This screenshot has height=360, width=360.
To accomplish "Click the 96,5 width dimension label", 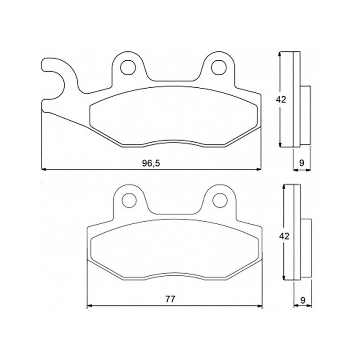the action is click(x=151, y=163).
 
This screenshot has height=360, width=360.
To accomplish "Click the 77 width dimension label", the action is click(x=170, y=299).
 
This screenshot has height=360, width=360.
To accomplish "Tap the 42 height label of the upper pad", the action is click(x=281, y=99).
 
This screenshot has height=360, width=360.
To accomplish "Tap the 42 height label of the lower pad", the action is click(x=284, y=236).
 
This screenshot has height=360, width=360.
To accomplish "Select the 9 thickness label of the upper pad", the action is click(x=301, y=163).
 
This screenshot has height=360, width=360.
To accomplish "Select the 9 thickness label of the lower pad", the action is click(x=303, y=300).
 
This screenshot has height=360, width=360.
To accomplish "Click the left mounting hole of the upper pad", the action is click(x=128, y=68).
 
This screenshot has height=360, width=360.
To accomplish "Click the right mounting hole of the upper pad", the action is click(x=219, y=68).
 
